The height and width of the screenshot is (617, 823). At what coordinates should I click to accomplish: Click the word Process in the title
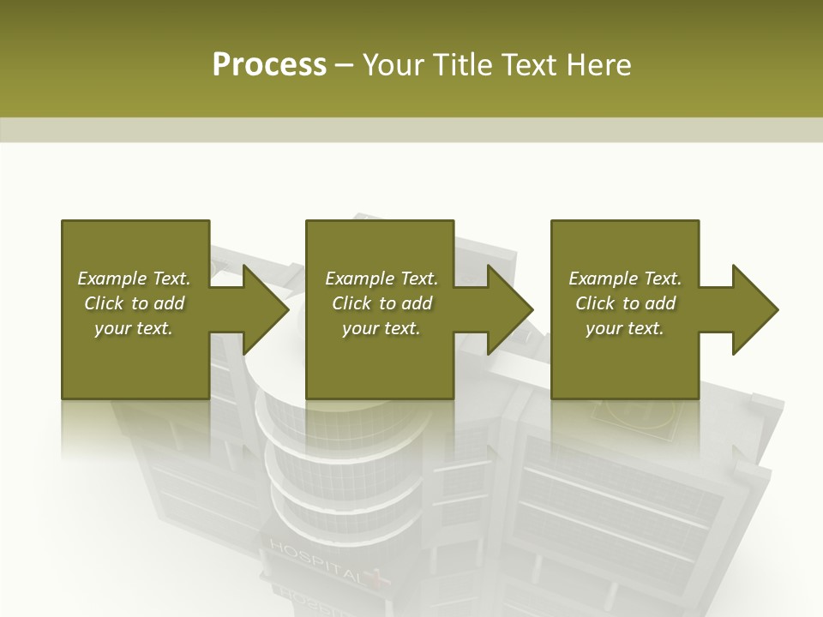point(269,64)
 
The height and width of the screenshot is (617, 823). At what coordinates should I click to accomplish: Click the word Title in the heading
point(457,64)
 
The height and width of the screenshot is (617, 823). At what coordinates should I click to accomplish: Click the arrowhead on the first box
point(265,309)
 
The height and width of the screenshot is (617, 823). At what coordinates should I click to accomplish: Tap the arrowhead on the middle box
point(509,309)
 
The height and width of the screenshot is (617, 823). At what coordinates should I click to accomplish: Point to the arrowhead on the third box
point(754,309)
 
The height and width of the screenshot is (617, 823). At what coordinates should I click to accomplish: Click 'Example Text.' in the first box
point(134,279)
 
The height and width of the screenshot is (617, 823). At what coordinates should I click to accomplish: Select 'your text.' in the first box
point(134,328)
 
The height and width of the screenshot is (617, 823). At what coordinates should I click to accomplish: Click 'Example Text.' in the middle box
point(381,279)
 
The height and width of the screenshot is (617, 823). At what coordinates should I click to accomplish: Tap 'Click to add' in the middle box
point(381,303)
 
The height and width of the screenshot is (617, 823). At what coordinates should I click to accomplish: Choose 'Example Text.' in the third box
point(625,279)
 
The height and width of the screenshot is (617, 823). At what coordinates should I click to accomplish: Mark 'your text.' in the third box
point(625,328)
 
